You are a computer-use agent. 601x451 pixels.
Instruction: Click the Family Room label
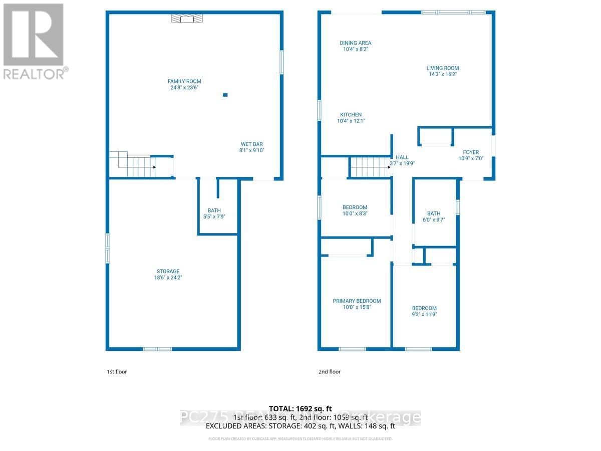(184, 81)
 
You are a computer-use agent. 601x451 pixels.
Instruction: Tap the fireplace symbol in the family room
(187, 19)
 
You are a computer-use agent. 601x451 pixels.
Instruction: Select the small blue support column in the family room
(225, 95)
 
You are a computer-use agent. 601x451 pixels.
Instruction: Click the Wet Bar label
(251, 144)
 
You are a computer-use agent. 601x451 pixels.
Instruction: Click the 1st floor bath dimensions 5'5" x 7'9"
(214, 216)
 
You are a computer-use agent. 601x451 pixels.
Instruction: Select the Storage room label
(167, 271)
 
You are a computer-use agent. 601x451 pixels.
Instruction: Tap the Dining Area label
(356, 43)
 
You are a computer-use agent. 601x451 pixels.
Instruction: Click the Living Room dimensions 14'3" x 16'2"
(442, 74)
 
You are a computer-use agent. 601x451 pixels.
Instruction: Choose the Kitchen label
(351, 115)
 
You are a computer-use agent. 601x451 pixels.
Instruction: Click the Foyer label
(471, 152)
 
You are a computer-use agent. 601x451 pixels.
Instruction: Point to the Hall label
(402, 157)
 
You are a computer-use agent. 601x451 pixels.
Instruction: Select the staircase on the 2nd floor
(370, 166)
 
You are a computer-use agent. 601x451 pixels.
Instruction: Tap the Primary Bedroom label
(357, 301)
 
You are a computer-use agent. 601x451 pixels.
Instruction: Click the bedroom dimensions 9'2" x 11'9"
(424, 314)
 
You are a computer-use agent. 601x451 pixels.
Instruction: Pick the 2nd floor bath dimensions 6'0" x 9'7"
(434, 219)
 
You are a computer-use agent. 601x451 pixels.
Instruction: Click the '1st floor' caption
(117, 372)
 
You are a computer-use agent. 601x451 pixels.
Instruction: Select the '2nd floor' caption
(329, 372)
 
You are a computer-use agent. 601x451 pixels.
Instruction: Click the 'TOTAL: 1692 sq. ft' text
(300, 408)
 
